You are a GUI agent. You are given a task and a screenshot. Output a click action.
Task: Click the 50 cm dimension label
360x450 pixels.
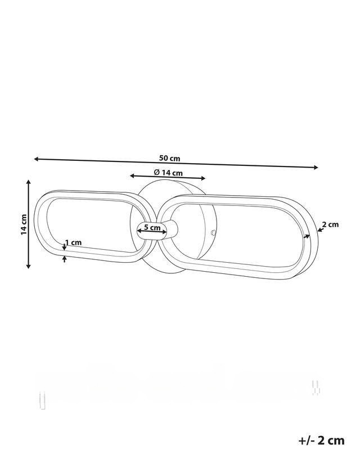[169, 158]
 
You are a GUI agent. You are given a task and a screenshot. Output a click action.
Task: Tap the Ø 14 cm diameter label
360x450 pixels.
[168, 173]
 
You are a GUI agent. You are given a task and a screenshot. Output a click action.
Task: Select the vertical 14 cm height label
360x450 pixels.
[24, 224]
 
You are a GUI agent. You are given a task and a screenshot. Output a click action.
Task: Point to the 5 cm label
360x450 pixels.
[152, 228]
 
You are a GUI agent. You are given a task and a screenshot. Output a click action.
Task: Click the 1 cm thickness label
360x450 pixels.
[74, 242]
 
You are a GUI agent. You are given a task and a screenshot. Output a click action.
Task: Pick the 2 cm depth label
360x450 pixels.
[330, 224]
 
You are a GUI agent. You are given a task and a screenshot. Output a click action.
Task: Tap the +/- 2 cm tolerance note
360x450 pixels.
[321, 440]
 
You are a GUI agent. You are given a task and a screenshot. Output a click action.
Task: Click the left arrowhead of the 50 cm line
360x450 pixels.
[37, 159]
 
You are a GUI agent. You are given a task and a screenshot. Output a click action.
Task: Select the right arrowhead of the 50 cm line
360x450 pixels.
[316, 167]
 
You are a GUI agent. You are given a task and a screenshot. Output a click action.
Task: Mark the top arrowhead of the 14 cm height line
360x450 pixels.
[28, 182]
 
